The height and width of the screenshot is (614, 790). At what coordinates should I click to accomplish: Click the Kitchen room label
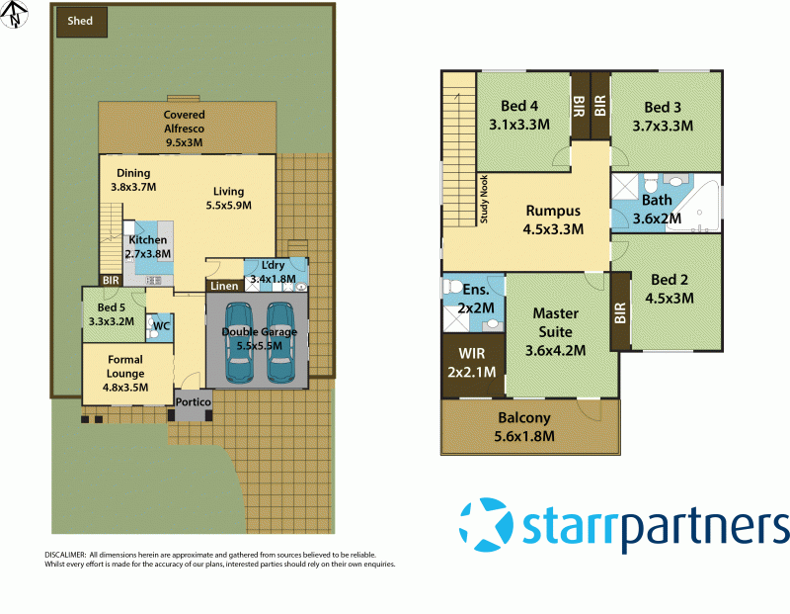(147, 240)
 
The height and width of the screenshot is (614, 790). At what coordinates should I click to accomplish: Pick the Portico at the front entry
(193, 401)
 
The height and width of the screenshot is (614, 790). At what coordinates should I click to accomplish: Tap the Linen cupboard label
(221, 286)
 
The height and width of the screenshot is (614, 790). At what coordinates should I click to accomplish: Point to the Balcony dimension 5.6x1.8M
(525, 436)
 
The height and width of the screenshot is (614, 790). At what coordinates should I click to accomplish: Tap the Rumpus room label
(553, 211)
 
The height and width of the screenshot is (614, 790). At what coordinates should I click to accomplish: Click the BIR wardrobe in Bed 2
(620, 313)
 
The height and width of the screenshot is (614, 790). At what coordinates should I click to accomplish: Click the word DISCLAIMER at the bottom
(65, 555)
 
